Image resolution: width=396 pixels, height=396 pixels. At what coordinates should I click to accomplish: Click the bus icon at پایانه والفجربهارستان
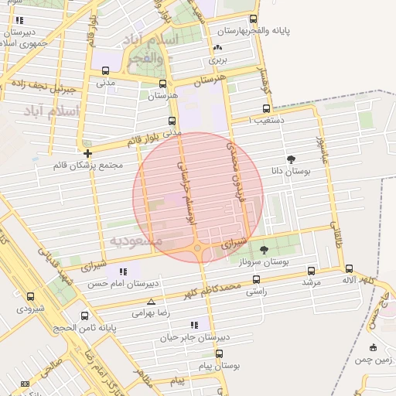[253, 19]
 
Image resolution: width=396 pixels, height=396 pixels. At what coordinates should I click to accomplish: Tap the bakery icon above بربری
[216, 49]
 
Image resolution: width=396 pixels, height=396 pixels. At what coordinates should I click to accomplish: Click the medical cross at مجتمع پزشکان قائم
[87, 153]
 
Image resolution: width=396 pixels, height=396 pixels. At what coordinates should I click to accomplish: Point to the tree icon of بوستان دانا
[291, 160]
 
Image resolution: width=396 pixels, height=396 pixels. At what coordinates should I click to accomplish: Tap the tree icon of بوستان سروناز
[265, 250]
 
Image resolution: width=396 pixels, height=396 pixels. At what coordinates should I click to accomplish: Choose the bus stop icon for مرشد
[311, 271]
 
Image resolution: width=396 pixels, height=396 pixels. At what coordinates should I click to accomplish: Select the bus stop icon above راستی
[255, 281]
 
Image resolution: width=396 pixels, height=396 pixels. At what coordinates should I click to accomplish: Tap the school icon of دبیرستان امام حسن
[123, 271]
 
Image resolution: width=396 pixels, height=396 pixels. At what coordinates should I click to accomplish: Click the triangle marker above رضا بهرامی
[151, 302]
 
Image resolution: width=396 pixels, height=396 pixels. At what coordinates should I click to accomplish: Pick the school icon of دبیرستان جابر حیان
[194, 326]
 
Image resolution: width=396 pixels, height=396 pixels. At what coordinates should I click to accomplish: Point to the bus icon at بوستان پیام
[219, 353]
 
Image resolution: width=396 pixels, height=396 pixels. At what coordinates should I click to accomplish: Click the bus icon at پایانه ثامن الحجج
[84, 316]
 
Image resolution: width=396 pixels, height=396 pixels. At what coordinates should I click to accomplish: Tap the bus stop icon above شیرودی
[30, 296]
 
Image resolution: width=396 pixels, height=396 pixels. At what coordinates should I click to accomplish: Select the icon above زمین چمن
[374, 346]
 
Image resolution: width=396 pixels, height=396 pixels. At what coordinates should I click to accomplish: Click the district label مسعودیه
[136, 241]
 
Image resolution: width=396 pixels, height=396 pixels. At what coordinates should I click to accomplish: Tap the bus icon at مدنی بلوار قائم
[172, 121]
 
